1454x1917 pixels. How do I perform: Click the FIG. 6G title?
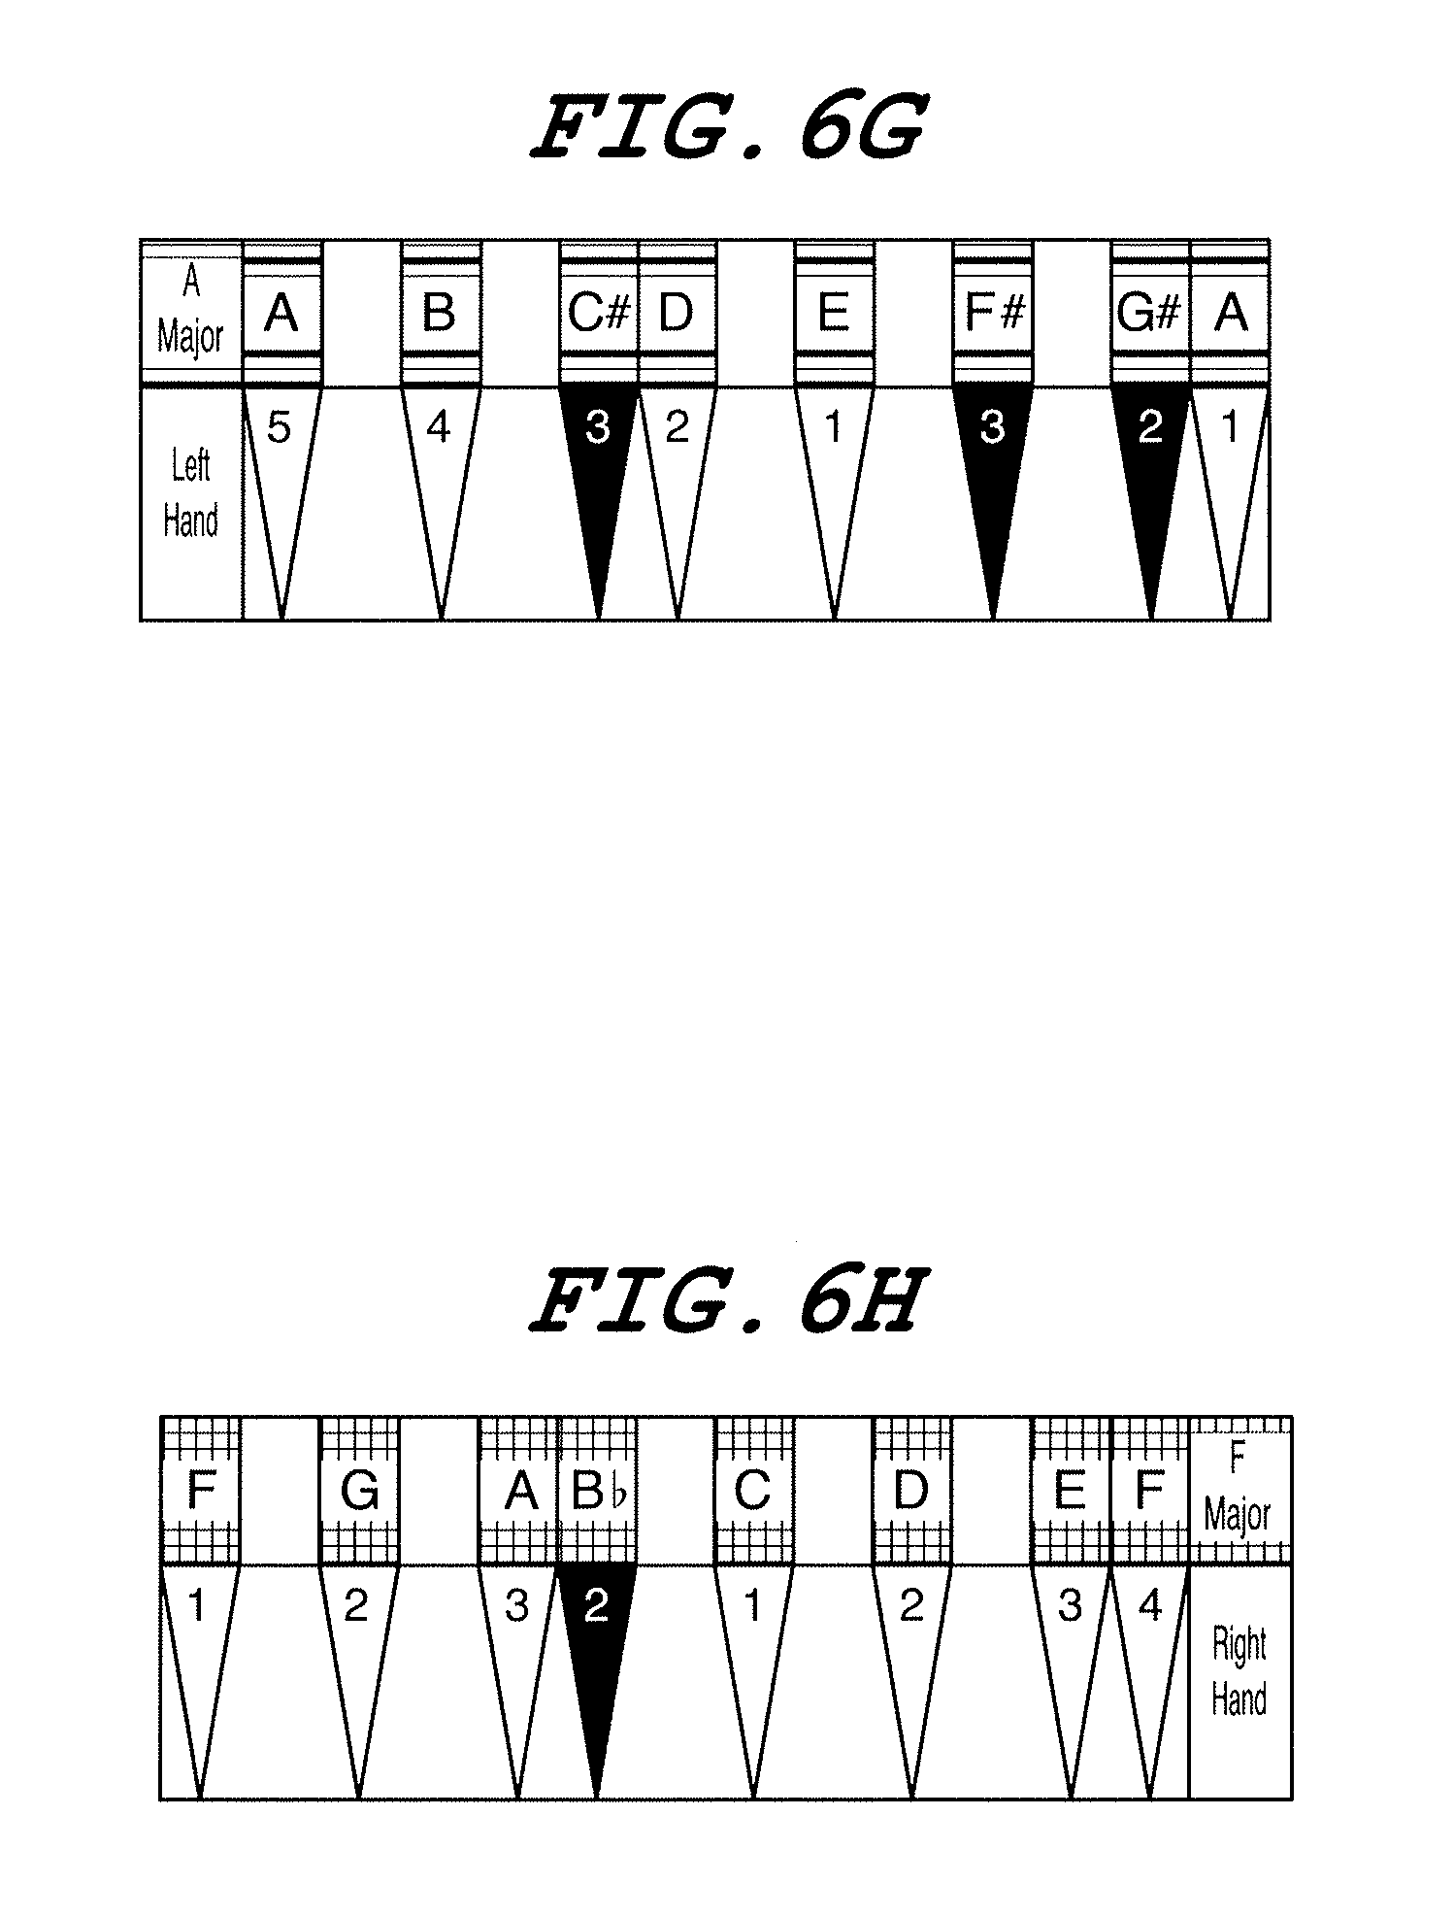tap(726, 128)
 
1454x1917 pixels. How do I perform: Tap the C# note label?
tap(599, 314)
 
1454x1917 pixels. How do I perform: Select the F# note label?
tap(992, 314)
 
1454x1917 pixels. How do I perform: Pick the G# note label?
tap(1149, 314)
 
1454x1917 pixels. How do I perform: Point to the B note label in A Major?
tap(440, 314)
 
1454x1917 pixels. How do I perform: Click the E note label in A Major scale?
tap(834, 314)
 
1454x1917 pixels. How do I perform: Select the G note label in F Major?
tap(358, 1491)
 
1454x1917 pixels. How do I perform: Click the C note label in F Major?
tap(753, 1491)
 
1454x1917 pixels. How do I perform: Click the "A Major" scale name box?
tap(190, 312)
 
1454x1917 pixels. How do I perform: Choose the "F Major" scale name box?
tap(1238, 1489)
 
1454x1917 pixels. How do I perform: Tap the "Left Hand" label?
tap(190, 494)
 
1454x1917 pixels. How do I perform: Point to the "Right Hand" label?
tap(1239, 1672)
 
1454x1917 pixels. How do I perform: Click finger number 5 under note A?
tap(280, 428)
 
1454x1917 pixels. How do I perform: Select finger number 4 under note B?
tap(440, 428)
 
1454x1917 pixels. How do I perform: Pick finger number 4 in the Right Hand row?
tap(1150, 1607)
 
